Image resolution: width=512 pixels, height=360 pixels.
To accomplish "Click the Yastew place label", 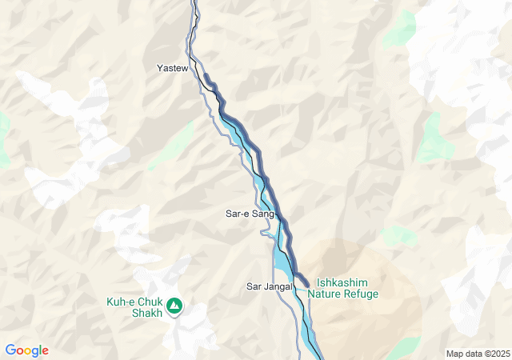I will click(172, 69).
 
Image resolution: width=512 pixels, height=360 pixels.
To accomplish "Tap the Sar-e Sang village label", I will click(250, 214).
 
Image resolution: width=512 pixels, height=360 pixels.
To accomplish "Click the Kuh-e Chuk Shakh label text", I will click(134, 307).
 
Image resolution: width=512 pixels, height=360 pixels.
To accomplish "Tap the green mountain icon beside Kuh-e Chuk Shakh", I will click(174, 306).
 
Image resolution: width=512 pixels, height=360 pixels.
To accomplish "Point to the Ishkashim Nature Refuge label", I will click(348, 288).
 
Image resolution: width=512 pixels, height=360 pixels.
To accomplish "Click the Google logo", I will click(26, 350).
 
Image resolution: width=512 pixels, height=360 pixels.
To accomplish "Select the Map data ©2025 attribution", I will click(477, 354).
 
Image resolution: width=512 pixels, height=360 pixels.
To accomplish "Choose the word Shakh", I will click(146, 313).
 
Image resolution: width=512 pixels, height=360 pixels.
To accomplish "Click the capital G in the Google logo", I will click(10, 350).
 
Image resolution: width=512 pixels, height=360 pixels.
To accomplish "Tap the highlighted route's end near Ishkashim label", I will click(307, 282).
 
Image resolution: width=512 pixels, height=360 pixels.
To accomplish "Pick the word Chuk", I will click(150, 302).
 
